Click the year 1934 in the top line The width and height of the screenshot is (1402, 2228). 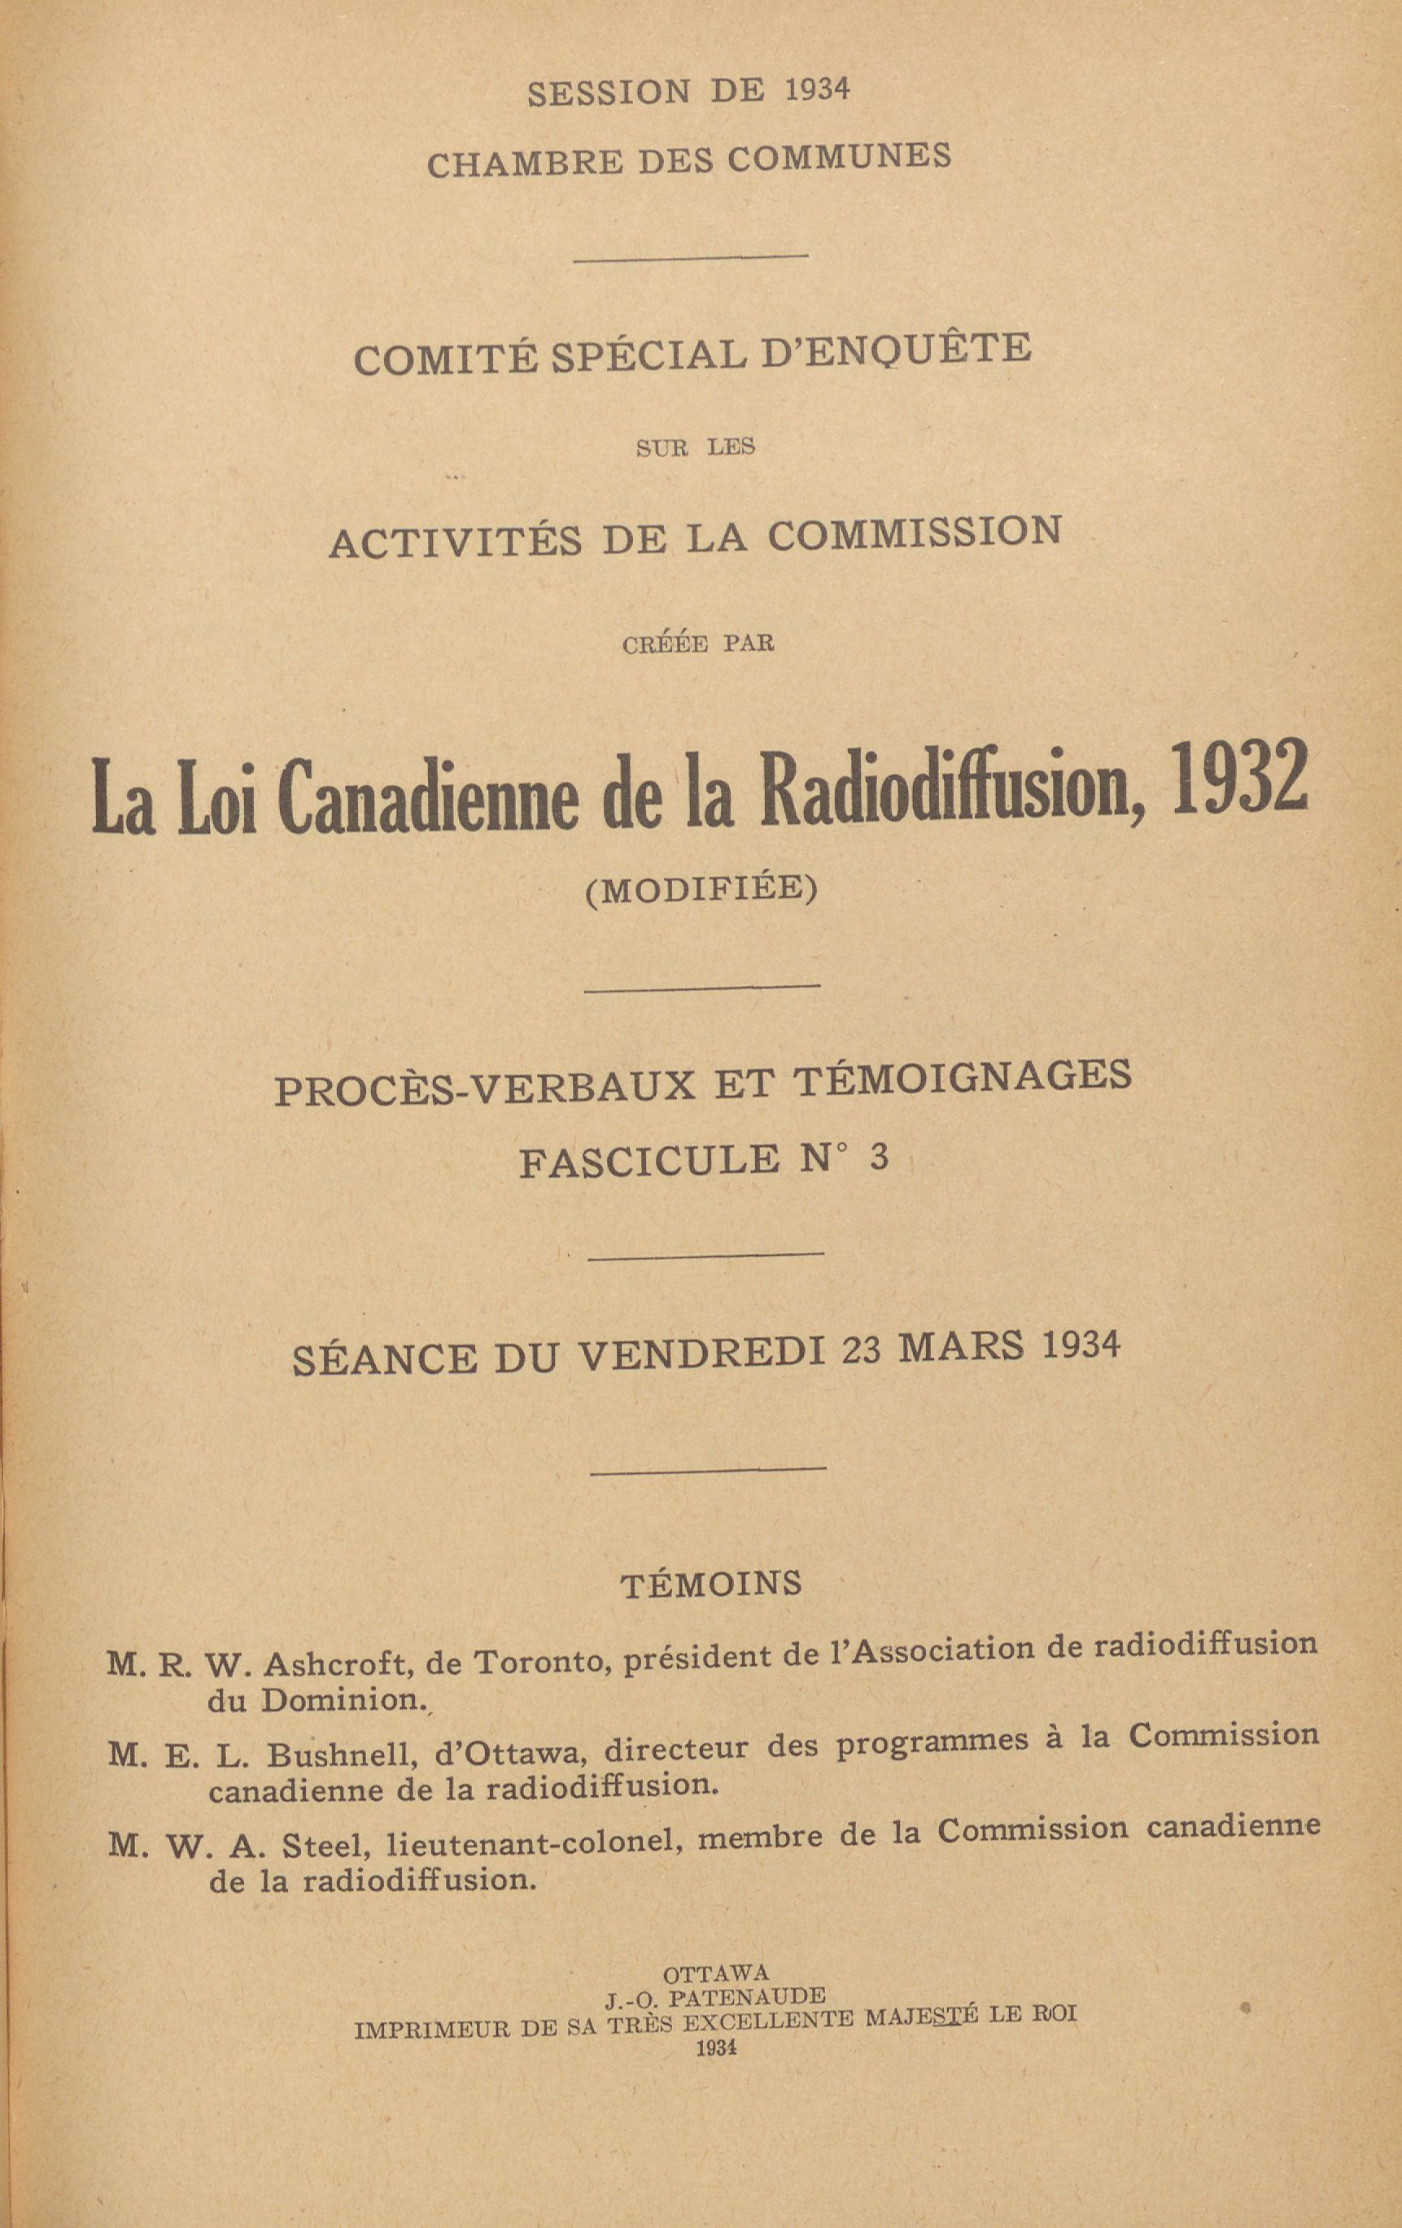(x=816, y=89)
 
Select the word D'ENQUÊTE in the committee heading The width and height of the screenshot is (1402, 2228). (x=896, y=351)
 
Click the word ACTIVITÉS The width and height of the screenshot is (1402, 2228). (x=456, y=541)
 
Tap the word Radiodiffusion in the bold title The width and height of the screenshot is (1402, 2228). (x=952, y=787)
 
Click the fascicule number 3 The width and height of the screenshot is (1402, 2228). (x=879, y=1157)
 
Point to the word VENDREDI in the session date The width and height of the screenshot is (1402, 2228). (x=701, y=1354)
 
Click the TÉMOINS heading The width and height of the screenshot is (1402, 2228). (x=710, y=1582)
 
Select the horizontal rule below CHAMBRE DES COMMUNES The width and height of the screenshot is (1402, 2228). (x=690, y=258)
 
